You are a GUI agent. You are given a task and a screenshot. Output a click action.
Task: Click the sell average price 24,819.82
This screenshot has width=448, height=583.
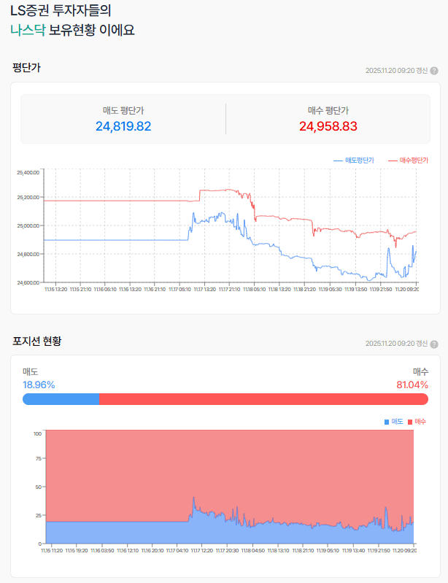(x=123, y=126)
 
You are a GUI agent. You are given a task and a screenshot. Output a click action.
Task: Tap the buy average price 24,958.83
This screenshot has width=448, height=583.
(x=328, y=126)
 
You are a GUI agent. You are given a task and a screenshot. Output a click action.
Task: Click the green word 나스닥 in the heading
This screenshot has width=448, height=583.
(x=28, y=31)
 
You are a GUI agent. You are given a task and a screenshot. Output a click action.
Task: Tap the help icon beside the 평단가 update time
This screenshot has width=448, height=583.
(x=434, y=71)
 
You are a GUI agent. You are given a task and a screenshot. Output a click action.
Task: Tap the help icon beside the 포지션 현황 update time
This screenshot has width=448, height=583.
(x=434, y=344)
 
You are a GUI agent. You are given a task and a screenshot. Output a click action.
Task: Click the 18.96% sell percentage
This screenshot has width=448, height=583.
(x=39, y=385)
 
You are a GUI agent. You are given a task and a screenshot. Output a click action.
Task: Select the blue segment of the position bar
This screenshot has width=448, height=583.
(x=61, y=399)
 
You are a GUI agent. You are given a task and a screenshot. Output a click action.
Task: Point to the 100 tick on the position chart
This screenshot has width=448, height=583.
(x=36, y=433)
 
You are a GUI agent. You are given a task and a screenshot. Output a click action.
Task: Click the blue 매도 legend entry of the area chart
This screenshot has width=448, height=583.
(x=394, y=422)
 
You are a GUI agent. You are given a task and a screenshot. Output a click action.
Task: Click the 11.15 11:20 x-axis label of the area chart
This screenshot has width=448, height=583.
(x=51, y=551)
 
